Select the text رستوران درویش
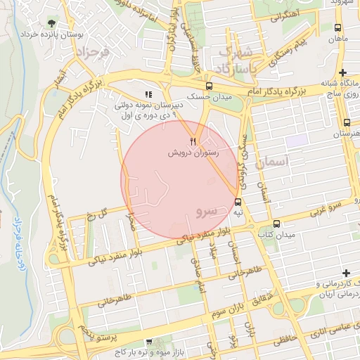(193, 152)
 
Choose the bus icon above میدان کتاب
(276, 223)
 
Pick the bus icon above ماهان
(338, 28)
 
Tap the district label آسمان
(274, 162)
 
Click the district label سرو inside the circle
(207, 210)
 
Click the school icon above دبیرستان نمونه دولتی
(148, 94)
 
